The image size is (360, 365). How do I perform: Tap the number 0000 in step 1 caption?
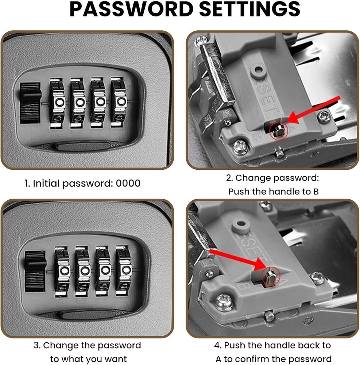pos(128,183)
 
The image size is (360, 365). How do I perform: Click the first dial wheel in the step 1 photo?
pos(57,101)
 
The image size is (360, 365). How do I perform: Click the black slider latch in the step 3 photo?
pos(35,271)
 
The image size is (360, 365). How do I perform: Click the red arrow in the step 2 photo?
pos(314,109)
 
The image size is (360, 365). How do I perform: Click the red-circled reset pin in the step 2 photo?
pos(278,130)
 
